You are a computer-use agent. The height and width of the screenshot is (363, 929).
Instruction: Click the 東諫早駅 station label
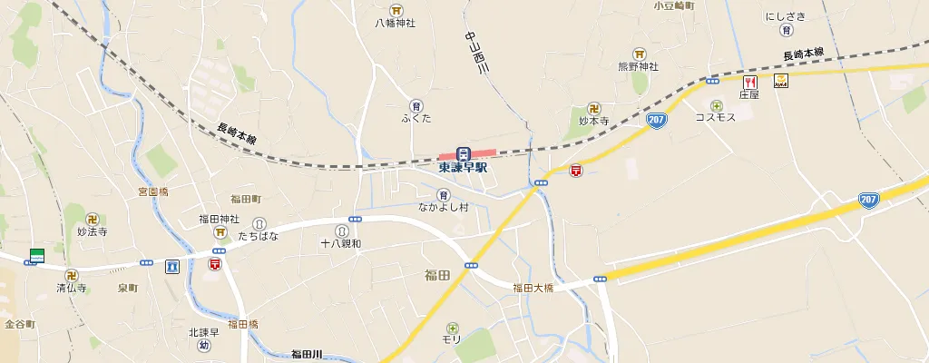pos(463,168)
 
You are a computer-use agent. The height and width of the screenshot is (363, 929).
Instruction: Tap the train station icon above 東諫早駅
pos(463,152)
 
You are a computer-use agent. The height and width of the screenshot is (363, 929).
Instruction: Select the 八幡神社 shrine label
pos(395,23)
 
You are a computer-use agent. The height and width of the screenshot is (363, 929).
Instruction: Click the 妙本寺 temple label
pos(594,120)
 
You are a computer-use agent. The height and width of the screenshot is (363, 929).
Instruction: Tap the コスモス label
pos(715,118)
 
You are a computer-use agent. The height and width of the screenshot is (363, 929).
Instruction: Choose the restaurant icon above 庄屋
pos(748,81)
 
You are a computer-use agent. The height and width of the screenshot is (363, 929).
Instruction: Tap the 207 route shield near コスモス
pos(658,120)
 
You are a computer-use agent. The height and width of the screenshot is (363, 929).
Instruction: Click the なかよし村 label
pos(443,208)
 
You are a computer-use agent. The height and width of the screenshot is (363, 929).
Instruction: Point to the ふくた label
pos(416,119)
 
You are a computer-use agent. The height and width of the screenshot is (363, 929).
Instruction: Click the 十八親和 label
pos(341,244)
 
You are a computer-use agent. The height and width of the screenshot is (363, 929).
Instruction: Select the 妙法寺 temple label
pos(93,232)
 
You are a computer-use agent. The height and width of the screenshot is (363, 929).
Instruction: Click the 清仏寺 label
pos(71,289)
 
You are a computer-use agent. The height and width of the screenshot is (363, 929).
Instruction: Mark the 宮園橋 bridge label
pos(153,191)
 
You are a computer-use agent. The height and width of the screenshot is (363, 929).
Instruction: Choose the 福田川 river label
pos(307,354)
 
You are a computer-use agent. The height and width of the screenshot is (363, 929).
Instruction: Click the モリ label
pos(452,339)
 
